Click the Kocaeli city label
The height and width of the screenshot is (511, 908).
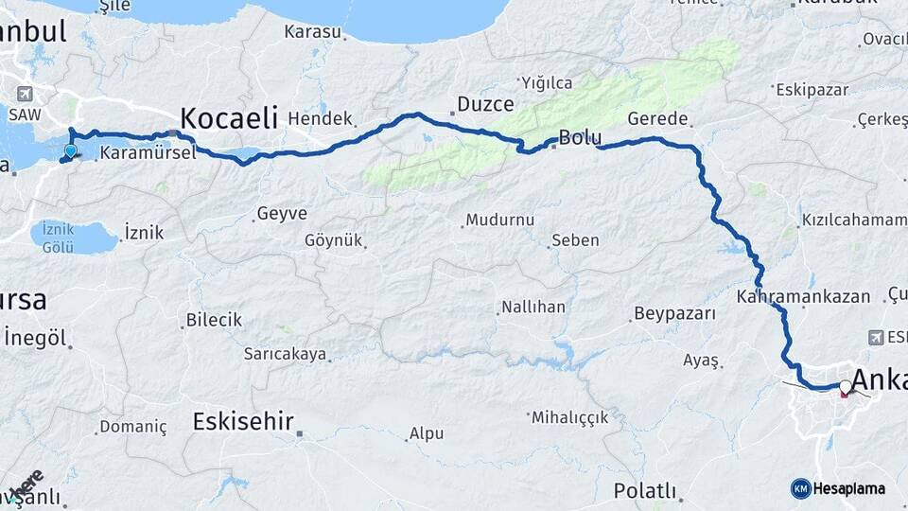[228, 118]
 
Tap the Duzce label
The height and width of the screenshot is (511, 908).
[485, 104]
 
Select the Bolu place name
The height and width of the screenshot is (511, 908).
[580, 138]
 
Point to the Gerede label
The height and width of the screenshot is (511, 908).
[657, 119]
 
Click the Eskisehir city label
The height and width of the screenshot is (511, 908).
[242, 422]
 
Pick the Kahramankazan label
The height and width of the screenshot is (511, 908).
[803, 296]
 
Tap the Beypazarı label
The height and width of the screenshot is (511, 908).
[675, 313]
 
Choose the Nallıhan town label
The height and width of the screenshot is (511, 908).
[533, 308]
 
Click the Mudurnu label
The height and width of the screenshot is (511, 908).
[499, 220]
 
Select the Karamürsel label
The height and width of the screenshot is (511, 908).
[148, 152]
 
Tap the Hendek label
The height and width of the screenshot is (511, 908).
[319, 118]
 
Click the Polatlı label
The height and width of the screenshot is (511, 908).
[646, 490]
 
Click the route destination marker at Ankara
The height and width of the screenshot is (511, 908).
[845, 386]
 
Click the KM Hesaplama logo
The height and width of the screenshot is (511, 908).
[838, 488]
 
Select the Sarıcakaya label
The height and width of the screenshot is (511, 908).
[285, 354]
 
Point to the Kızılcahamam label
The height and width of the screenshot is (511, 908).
[849, 219]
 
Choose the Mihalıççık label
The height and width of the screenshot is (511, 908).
[569, 417]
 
